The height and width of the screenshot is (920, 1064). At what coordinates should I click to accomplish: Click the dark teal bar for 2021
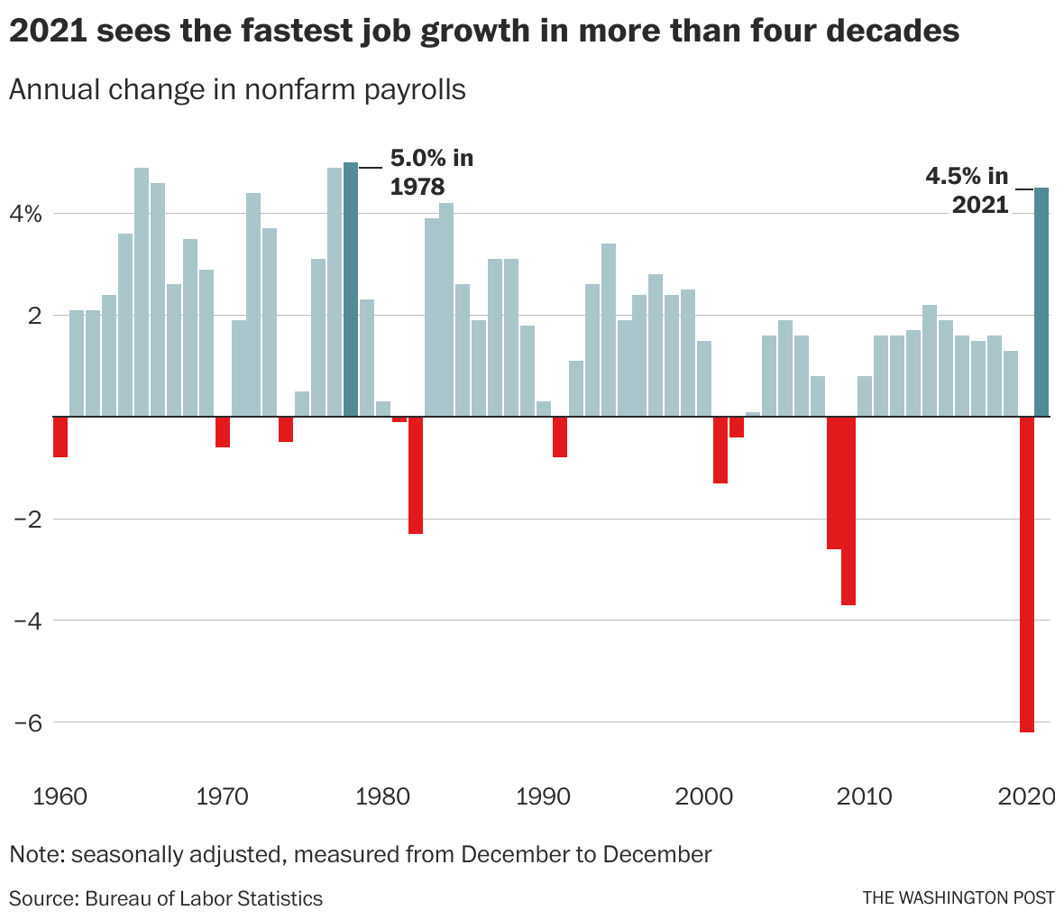1041,302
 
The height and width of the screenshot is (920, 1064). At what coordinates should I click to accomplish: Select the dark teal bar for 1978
351,290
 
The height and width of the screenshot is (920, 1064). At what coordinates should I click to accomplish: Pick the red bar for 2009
848,511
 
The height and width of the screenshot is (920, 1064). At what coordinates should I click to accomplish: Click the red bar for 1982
416,475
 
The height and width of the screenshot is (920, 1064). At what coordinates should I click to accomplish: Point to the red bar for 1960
60,437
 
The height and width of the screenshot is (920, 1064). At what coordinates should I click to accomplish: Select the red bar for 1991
560,437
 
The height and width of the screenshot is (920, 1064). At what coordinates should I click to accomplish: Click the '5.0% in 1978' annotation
430,172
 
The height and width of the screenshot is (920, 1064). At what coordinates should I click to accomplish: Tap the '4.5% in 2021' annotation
968,190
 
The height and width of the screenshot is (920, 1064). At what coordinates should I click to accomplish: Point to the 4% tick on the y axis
27,215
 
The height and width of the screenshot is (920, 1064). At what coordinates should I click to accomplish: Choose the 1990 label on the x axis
543,797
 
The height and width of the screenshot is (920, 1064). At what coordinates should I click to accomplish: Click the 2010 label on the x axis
865,797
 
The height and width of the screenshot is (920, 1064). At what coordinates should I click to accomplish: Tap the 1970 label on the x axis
222,797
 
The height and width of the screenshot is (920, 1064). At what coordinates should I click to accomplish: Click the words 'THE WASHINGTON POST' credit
958,898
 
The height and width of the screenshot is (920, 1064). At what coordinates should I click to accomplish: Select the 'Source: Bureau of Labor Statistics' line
166,898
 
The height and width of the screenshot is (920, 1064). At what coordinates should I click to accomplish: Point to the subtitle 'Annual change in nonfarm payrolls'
237,90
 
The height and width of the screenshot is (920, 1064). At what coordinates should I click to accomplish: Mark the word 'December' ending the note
656,854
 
